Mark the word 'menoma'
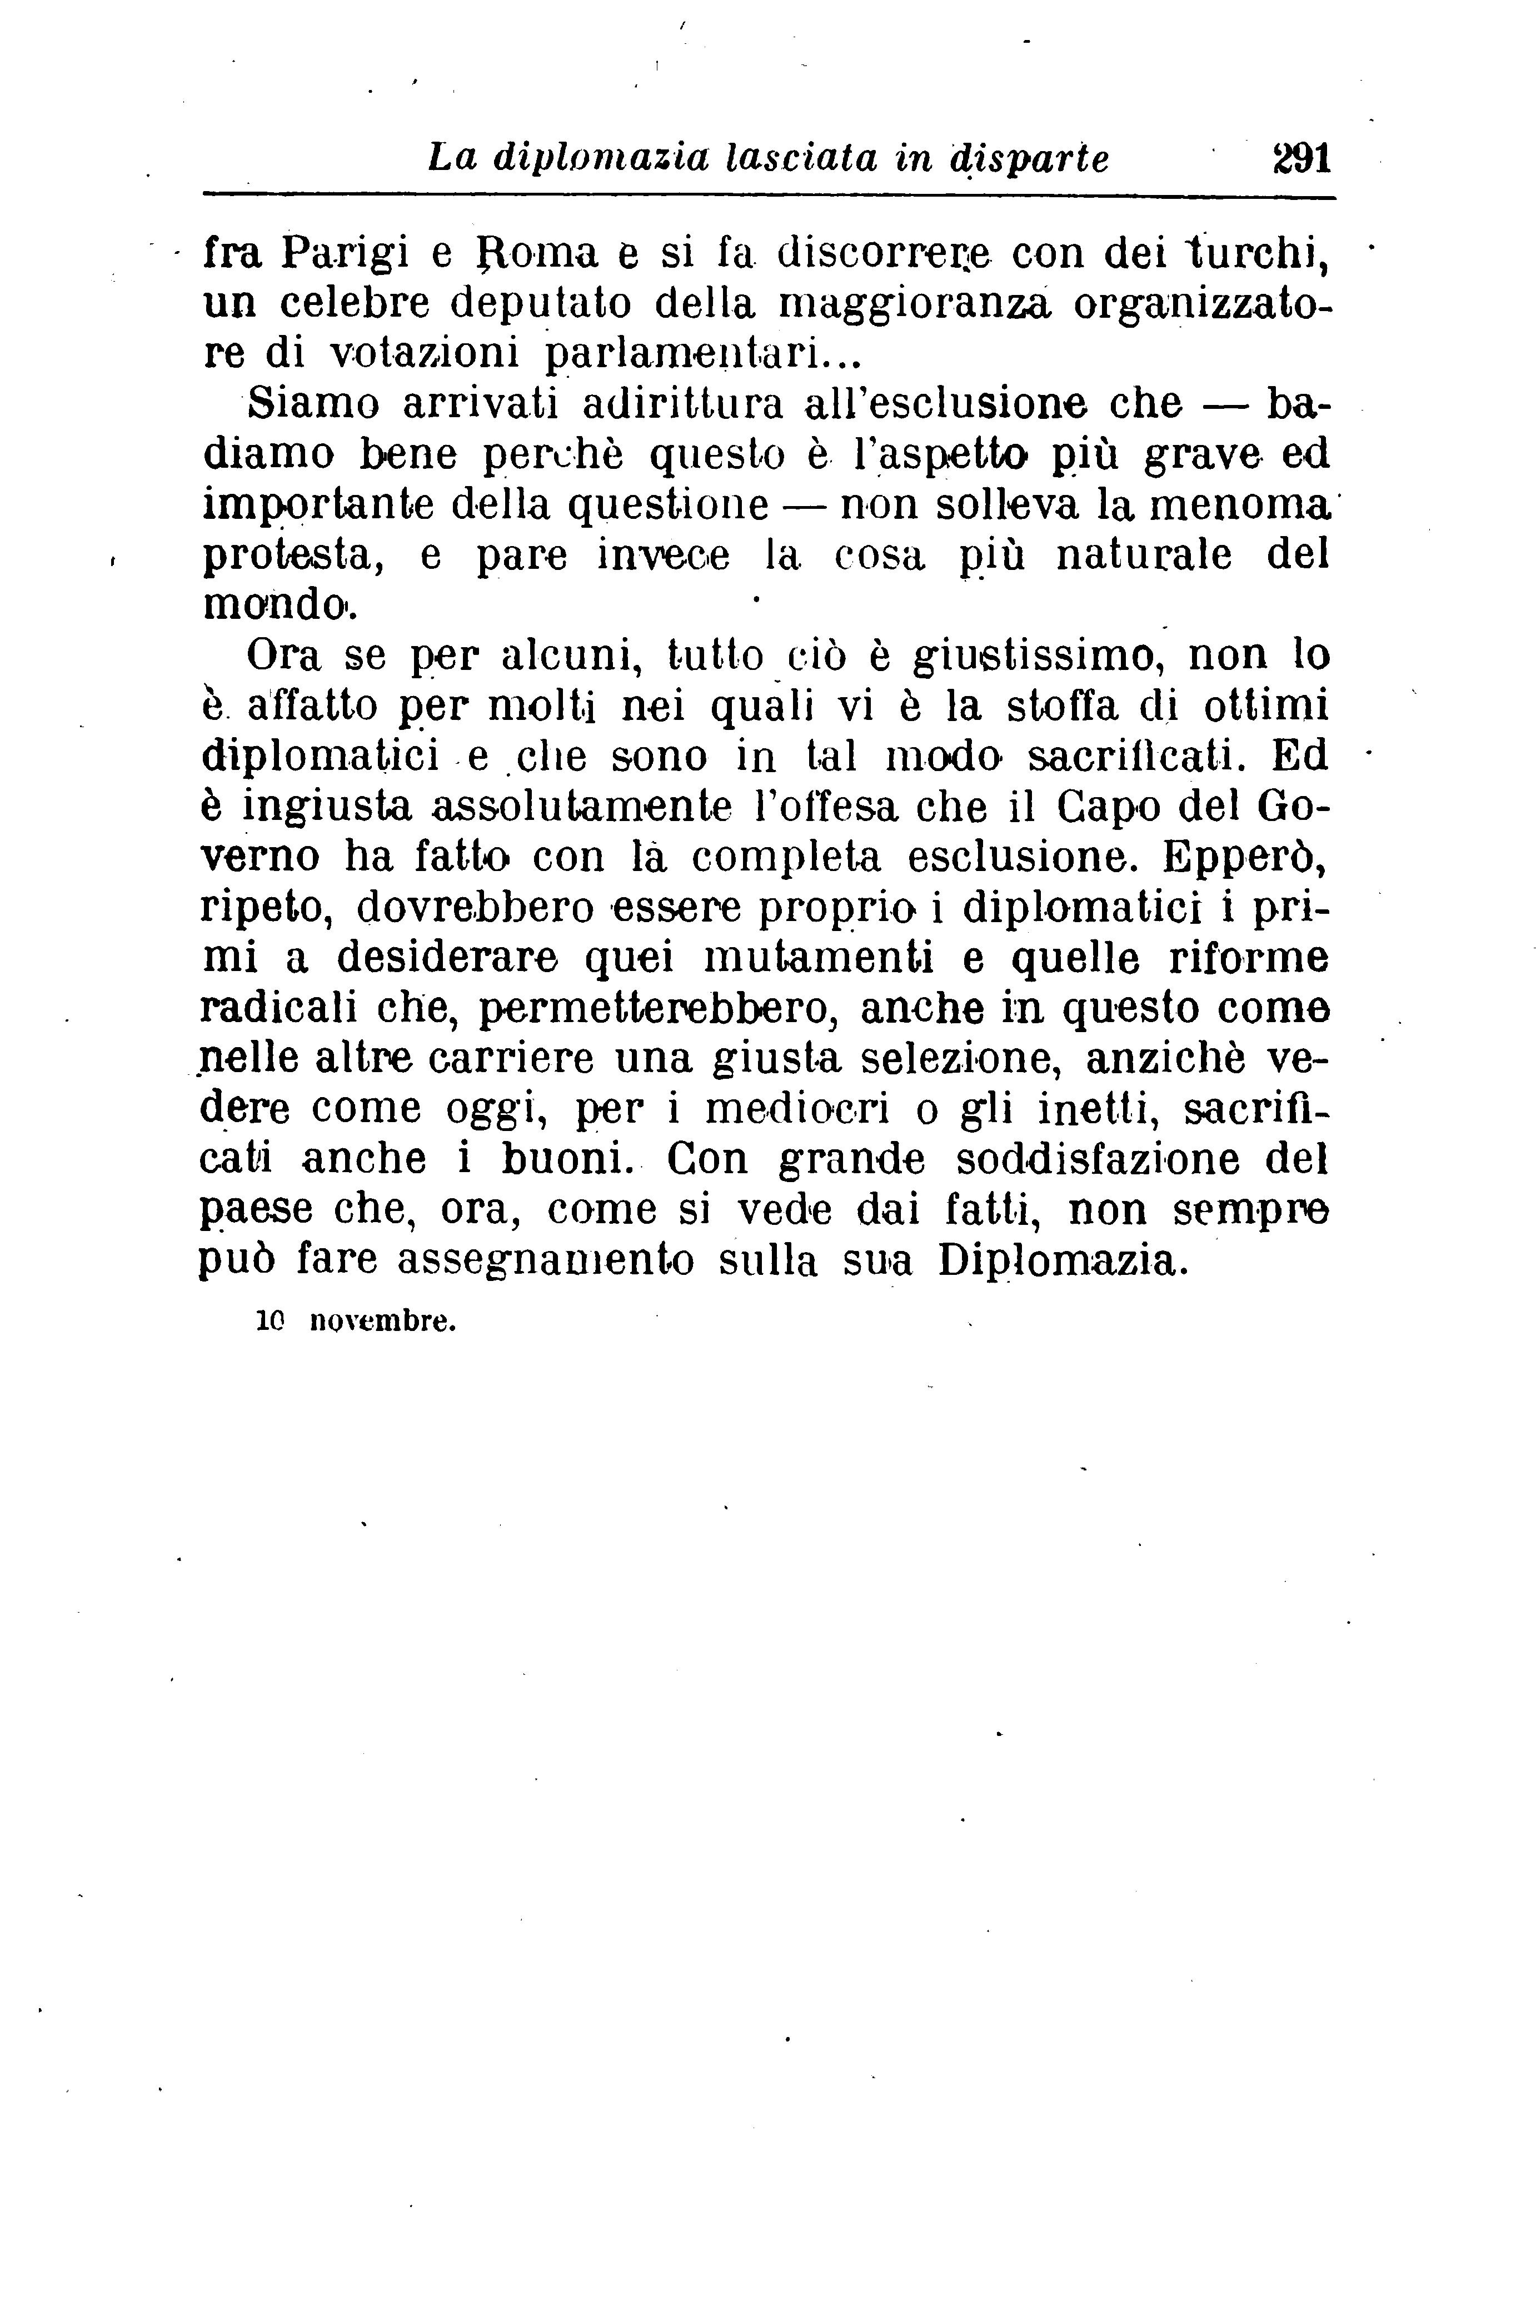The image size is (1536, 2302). click(1239, 504)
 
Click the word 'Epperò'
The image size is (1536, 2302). click(1244, 857)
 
